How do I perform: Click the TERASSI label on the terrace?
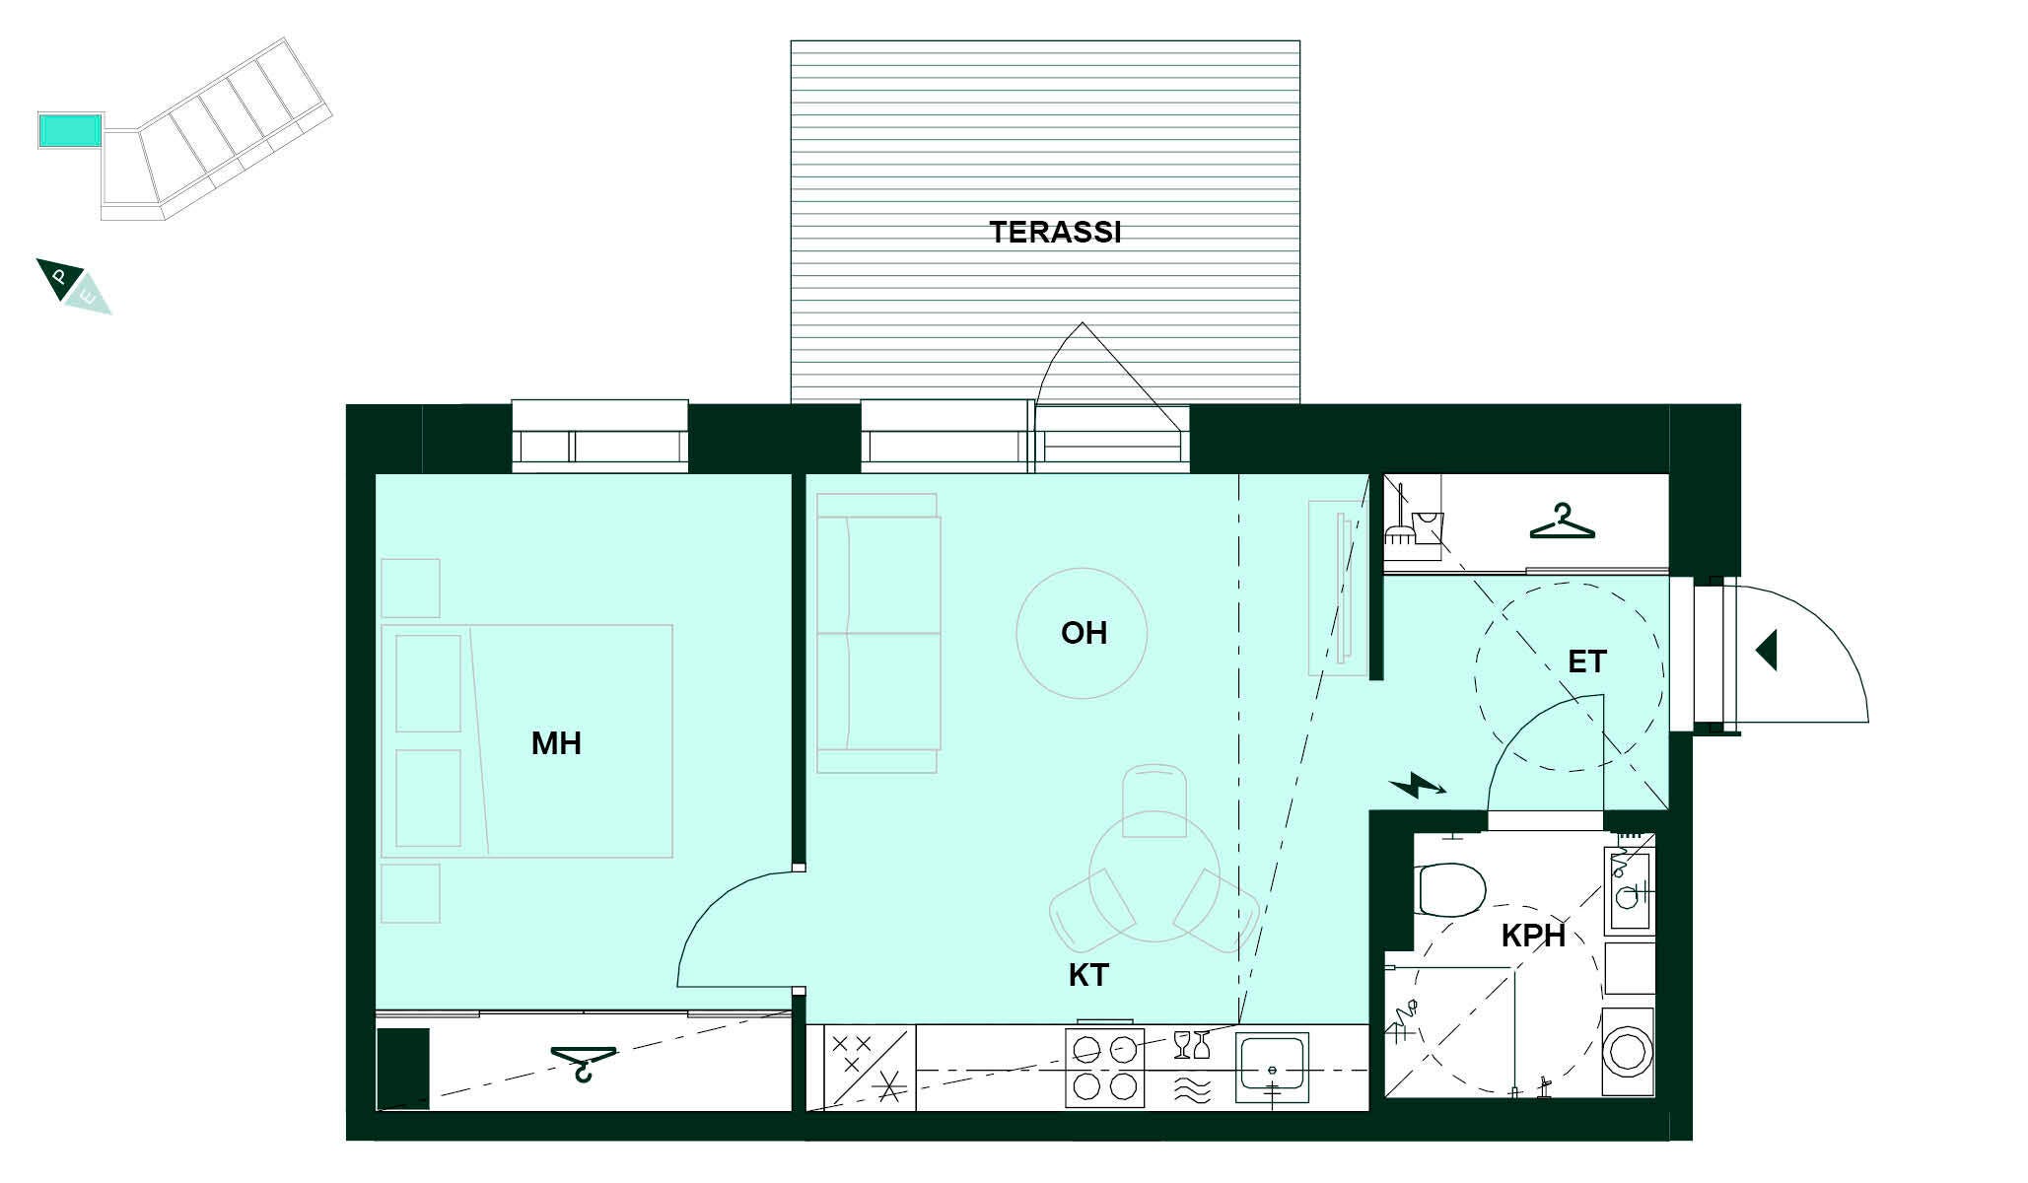[1055, 232]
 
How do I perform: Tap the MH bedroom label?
[556, 743]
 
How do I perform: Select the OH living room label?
[1084, 633]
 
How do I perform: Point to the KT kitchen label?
[1088, 975]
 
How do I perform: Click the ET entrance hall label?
[1587, 661]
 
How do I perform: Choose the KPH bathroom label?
[1533, 936]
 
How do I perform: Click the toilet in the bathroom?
[1449, 889]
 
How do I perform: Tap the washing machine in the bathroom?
[1629, 1051]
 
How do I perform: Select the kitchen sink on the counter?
[1272, 1068]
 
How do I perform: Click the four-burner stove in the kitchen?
[1104, 1068]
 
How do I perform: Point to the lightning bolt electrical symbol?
[1418, 786]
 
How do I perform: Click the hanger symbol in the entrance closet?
[1562, 522]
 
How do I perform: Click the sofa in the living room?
[878, 633]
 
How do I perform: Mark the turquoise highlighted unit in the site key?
[70, 130]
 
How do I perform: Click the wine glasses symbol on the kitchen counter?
[1191, 1045]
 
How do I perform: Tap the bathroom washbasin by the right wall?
[1629, 889]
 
